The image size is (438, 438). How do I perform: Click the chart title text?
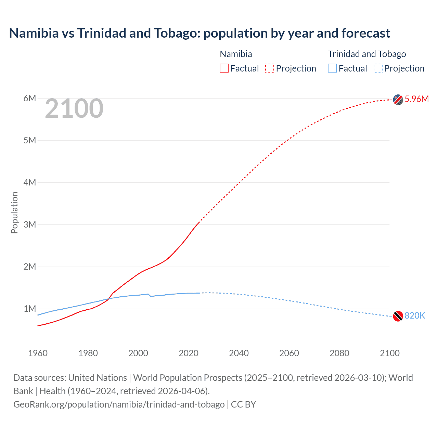[x=199, y=33]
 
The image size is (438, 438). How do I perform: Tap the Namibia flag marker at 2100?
[x=398, y=99]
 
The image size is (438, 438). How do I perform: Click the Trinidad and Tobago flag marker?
[x=398, y=316]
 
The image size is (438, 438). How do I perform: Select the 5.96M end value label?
[x=416, y=99]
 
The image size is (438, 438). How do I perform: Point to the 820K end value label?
[x=415, y=315]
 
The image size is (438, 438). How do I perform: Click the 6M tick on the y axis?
[x=30, y=98]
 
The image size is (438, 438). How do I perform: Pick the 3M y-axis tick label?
[x=30, y=224]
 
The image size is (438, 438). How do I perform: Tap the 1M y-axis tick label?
[x=30, y=309]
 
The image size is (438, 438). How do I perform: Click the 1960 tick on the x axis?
[x=38, y=353]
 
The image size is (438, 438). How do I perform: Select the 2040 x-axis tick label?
[x=239, y=353]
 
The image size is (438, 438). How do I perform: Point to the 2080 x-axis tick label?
[x=339, y=353]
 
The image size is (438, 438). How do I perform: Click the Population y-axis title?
[x=14, y=212]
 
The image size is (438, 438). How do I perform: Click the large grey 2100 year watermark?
[x=74, y=108]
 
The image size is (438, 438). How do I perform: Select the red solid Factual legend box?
[x=224, y=68]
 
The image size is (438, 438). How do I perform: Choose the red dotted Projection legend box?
[x=270, y=68]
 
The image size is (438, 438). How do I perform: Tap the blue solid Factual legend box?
[x=332, y=68]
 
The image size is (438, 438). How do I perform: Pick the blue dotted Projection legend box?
[x=378, y=68]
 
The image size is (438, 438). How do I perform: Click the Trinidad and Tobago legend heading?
[x=367, y=54]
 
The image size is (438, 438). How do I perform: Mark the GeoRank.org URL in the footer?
[x=119, y=404]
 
